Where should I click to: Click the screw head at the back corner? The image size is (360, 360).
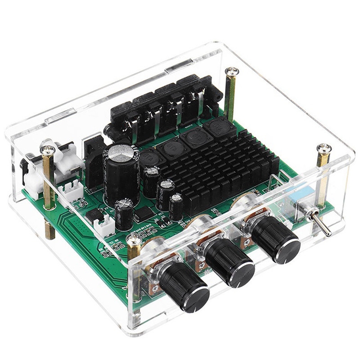click(232, 71)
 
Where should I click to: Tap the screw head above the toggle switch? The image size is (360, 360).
click(323, 149)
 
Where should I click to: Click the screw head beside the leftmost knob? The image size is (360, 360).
click(134, 240)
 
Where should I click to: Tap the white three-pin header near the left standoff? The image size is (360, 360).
click(73, 191)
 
